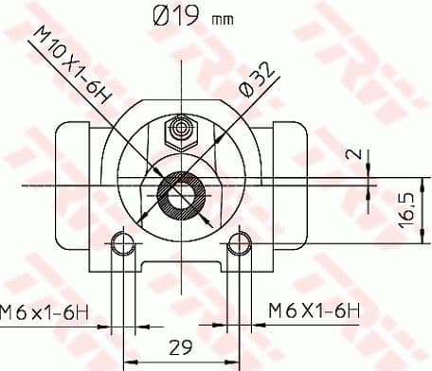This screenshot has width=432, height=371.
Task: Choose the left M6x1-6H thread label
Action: click(x=47, y=309)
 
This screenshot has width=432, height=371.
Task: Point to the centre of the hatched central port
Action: click(x=178, y=194)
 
